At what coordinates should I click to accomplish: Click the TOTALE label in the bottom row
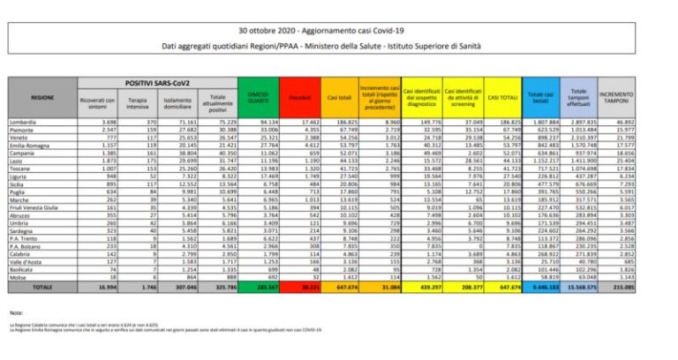point(40,288)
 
